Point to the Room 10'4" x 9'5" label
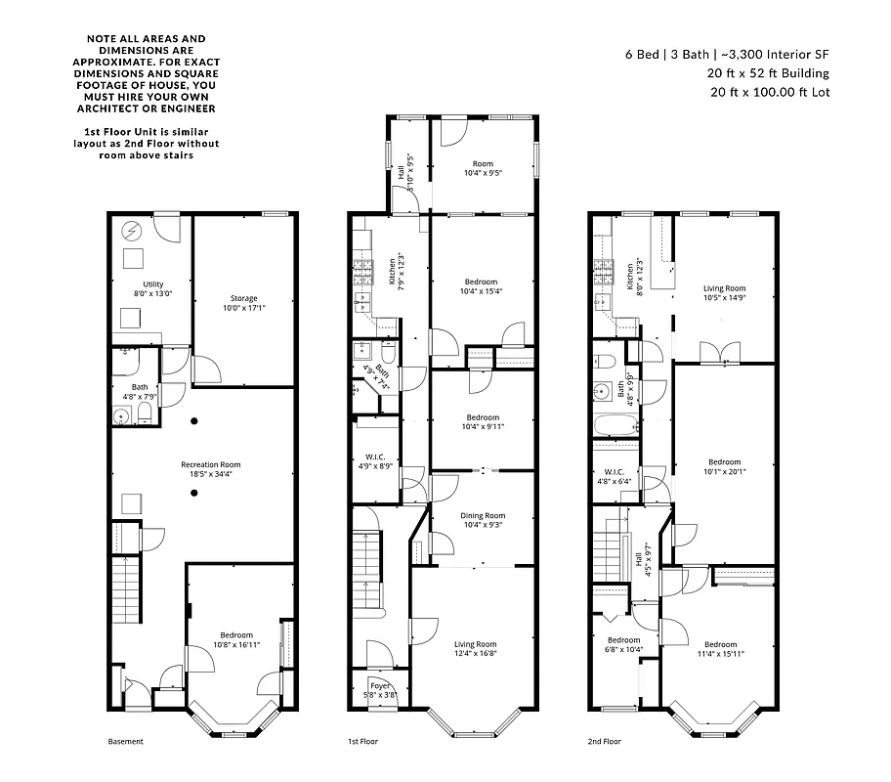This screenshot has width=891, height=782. pyautogui.click(x=483, y=168)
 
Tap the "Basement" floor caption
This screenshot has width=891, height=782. pyautogui.click(x=125, y=742)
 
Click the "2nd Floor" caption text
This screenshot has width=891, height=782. pyautogui.click(x=604, y=742)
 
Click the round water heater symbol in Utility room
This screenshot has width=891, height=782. pyautogui.click(x=130, y=231)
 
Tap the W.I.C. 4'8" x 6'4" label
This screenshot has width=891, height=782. pyautogui.click(x=615, y=476)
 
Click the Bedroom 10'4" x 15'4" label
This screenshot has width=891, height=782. pyautogui.click(x=482, y=286)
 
